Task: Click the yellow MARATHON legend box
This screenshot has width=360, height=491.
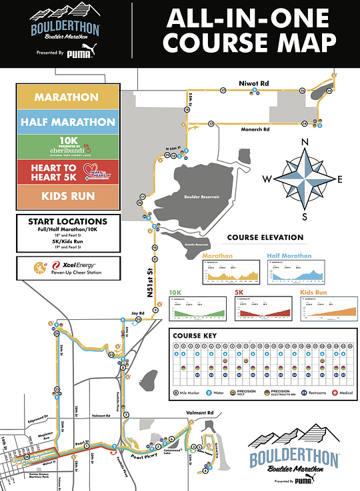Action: pyautogui.click(x=66, y=97)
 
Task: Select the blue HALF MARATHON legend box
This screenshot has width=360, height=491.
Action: pyautogui.click(x=66, y=122)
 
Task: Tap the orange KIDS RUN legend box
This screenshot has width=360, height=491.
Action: pyautogui.click(x=66, y=197)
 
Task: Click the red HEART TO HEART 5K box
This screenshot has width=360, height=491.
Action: pyautogui.click(x=66, y=172)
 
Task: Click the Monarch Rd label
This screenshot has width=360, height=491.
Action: pyautogui.click(x=254, y=129)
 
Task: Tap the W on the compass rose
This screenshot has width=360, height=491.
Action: pyautogui.click(x=267, y=178)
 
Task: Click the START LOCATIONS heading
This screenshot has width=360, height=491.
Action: pyautogui.click(x=68, y=221)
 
